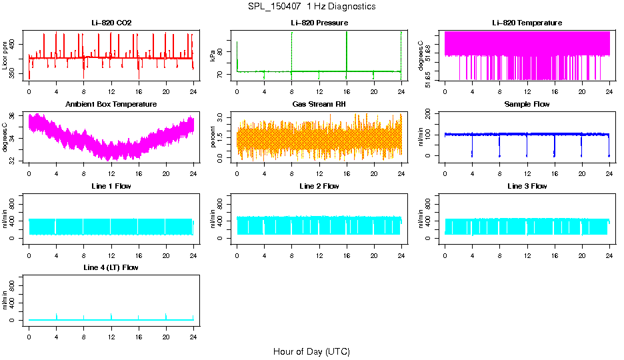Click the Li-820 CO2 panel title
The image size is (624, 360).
click(111, 23)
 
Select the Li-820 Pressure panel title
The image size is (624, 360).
click(319, 23)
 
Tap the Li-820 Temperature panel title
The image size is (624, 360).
click(527, 23)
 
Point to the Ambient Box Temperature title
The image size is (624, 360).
click(111, 105)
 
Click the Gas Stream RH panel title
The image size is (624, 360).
click(319, 105)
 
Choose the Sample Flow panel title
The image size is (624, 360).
click(527, 105)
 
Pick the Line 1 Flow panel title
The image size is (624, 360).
click(111, 186)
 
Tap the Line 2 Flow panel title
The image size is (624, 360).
click(319, 186)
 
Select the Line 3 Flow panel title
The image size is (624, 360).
click(527, 186)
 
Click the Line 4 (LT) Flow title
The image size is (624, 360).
click(111, 267)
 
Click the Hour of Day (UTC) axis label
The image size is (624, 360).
click(311, 351)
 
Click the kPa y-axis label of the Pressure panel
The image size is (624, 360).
click(213, 55)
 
